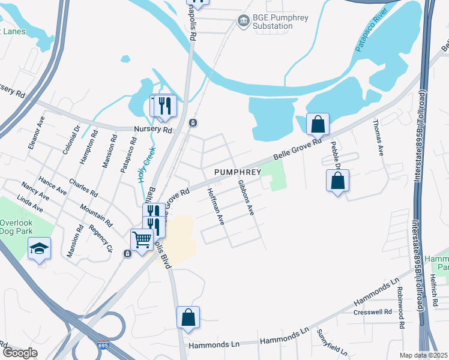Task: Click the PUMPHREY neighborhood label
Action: click(237, 172)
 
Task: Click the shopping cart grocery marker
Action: click(142, 240)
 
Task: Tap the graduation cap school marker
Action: click(40, 249)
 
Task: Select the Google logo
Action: click(20, 353)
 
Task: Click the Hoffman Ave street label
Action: click(215, 206)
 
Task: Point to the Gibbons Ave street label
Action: click(246, 197)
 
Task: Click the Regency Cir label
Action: click(101, 239)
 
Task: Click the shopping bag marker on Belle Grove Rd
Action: click(318, 124)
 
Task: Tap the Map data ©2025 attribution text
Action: click(424, 355)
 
